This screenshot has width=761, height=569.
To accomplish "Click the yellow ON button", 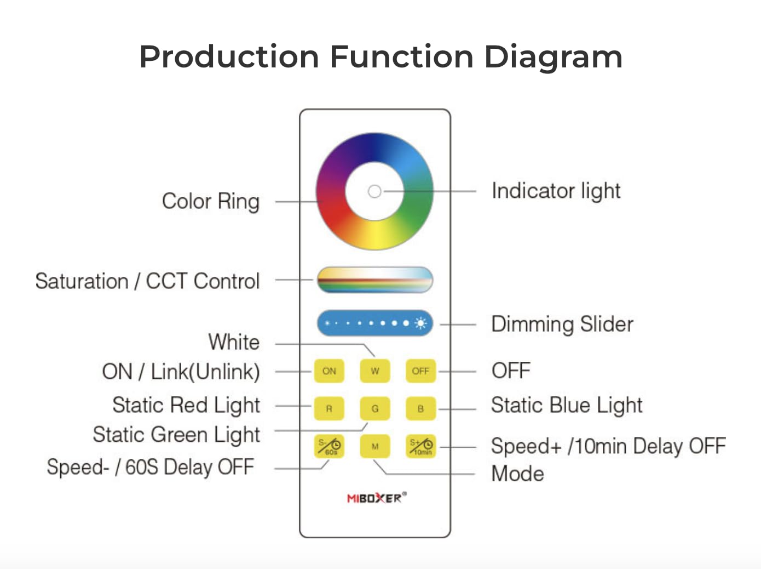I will coord(329,371).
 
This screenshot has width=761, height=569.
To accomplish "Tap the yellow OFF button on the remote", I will coord(420,371).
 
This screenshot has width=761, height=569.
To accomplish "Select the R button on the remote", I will coord(329,408).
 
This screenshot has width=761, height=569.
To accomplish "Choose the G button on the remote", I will coord(375,408).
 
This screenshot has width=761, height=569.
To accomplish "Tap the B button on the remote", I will coord(420,408).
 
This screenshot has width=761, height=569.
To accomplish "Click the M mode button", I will coord(375,446).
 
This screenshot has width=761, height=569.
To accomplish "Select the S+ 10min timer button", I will coord(420,446).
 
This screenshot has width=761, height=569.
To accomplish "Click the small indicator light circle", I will coord(374,191).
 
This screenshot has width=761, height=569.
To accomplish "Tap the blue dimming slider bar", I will coord(375,323).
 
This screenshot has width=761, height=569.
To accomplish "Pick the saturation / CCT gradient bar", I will coord(375,280).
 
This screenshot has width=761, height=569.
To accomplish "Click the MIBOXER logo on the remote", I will coord(376,498).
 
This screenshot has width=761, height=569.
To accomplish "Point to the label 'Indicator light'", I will coord(556,191).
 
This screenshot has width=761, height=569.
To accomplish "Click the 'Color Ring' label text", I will coord(211,201).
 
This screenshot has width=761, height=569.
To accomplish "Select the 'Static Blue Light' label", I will coord(566,406).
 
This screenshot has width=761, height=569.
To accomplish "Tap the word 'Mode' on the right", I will coord(517,474).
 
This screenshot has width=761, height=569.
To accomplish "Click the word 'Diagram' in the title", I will coord(553,57).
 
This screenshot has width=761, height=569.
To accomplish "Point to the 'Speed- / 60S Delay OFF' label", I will coord(151,468).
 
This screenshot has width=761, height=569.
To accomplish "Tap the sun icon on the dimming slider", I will coord(420,323).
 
